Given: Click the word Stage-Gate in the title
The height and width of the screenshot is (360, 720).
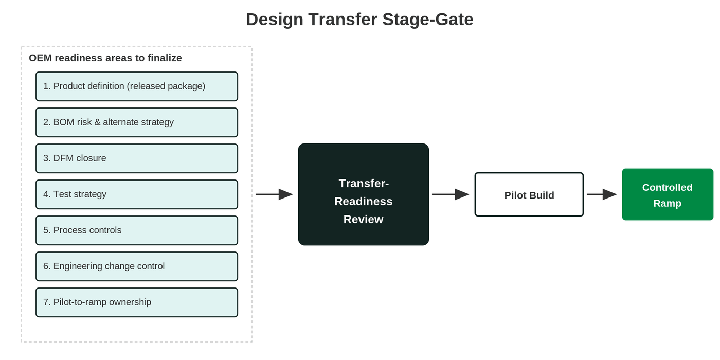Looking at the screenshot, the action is (428, 20).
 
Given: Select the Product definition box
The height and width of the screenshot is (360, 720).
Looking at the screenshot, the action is (137, 86).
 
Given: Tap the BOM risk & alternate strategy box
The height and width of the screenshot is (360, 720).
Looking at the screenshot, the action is (137, 122).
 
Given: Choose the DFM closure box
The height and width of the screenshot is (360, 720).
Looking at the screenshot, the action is (137, 158).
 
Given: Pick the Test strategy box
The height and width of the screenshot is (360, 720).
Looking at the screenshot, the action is (137, 194).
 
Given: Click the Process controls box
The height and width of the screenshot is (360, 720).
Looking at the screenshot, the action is (137, 230).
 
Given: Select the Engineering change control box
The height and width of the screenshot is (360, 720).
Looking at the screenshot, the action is (137, 266).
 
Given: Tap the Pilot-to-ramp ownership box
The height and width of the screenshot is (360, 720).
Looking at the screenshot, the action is (137, 302).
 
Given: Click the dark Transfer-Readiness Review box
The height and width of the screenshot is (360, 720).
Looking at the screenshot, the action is (364, 194).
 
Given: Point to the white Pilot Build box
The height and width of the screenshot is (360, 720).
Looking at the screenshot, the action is (529, 194).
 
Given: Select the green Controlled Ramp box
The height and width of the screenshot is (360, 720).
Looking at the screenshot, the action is (668, 194).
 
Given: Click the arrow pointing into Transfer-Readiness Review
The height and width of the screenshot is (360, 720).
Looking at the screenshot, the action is (274, 194).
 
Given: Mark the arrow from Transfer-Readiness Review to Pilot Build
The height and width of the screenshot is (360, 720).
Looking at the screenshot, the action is (451, 194).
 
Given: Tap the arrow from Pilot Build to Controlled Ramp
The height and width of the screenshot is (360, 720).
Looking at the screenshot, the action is (602, 194).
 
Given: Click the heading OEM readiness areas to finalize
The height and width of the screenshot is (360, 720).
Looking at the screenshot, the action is (105, 58).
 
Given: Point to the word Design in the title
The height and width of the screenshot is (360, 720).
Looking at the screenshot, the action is (275, 20).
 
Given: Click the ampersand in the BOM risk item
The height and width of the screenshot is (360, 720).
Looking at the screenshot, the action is (97, 122).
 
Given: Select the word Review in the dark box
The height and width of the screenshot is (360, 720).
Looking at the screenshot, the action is (363, 219).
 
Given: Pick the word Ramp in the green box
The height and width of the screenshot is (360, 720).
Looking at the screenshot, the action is (668, 204).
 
